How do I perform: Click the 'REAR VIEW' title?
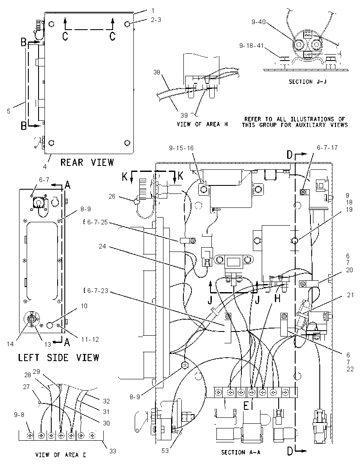click(87, 162)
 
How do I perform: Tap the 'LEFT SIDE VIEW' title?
click(58, 357)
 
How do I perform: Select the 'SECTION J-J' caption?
click(307, 82)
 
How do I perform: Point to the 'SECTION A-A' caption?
click(241, 452)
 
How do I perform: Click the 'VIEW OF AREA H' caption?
click(202, 124)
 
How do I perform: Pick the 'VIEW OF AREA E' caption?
click(61, 455)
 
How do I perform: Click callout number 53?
click(165, 450)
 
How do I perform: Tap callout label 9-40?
click(259, 22)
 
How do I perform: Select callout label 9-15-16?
click(181, 148)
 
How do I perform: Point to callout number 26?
click(112, 196)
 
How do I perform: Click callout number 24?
click(102, 246)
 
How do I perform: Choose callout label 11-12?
click(90, 340)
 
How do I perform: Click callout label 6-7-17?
click(327, 147)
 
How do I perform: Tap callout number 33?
click(113, 451)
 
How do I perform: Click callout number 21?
click(350, 295)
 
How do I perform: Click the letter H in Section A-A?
click(277, 299)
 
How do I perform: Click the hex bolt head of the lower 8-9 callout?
click(184, 365)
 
